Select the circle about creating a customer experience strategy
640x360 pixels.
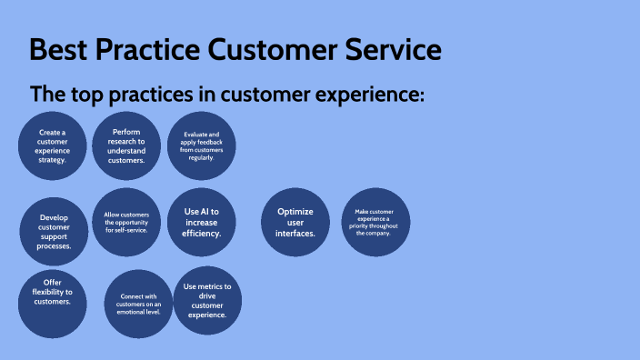point(52,146)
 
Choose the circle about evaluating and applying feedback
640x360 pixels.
point(202,145)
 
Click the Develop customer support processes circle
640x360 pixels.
point(55,231)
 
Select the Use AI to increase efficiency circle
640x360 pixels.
point(202,223)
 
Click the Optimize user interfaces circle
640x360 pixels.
point(295,223)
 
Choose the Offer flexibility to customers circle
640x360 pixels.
point(52,302)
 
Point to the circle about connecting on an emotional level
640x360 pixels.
point(139,303)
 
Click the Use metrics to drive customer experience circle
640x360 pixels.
point(207,301)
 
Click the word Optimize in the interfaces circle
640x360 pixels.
point(295,212)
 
